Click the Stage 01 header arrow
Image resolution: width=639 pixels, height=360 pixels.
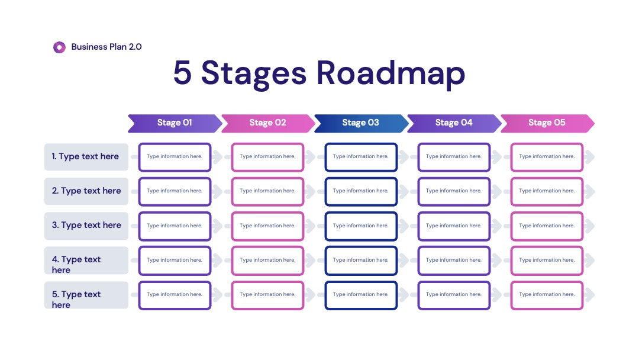click(175, 123)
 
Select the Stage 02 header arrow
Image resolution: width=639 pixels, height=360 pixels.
click(268, 123)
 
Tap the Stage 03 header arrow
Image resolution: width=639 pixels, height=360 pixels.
click(361, 123)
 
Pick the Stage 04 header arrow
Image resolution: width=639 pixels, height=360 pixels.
click(454, 123)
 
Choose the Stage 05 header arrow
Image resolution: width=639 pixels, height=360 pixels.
click(547, 123)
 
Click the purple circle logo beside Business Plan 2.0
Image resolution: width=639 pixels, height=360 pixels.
click(60, 47)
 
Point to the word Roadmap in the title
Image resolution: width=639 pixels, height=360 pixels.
click(391, 73)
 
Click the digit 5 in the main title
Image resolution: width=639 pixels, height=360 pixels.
click(182, 73)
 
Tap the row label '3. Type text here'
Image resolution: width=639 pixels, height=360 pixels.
click(86, 226)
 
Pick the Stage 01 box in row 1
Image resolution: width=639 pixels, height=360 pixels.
click(175, 157)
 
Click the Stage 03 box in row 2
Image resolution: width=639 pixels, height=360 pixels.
click(361, 191)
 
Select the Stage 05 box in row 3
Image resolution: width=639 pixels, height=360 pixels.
click(547, 226)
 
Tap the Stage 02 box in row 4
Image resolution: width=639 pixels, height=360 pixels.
click(268, 260)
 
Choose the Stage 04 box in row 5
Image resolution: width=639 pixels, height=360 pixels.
click(454, 295)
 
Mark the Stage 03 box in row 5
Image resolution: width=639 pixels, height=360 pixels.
click(361, 295)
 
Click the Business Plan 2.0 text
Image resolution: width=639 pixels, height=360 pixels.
click(106, 47)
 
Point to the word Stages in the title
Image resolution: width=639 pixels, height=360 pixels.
click(253, 74)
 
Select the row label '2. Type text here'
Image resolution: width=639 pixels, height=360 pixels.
click(86, 191)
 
